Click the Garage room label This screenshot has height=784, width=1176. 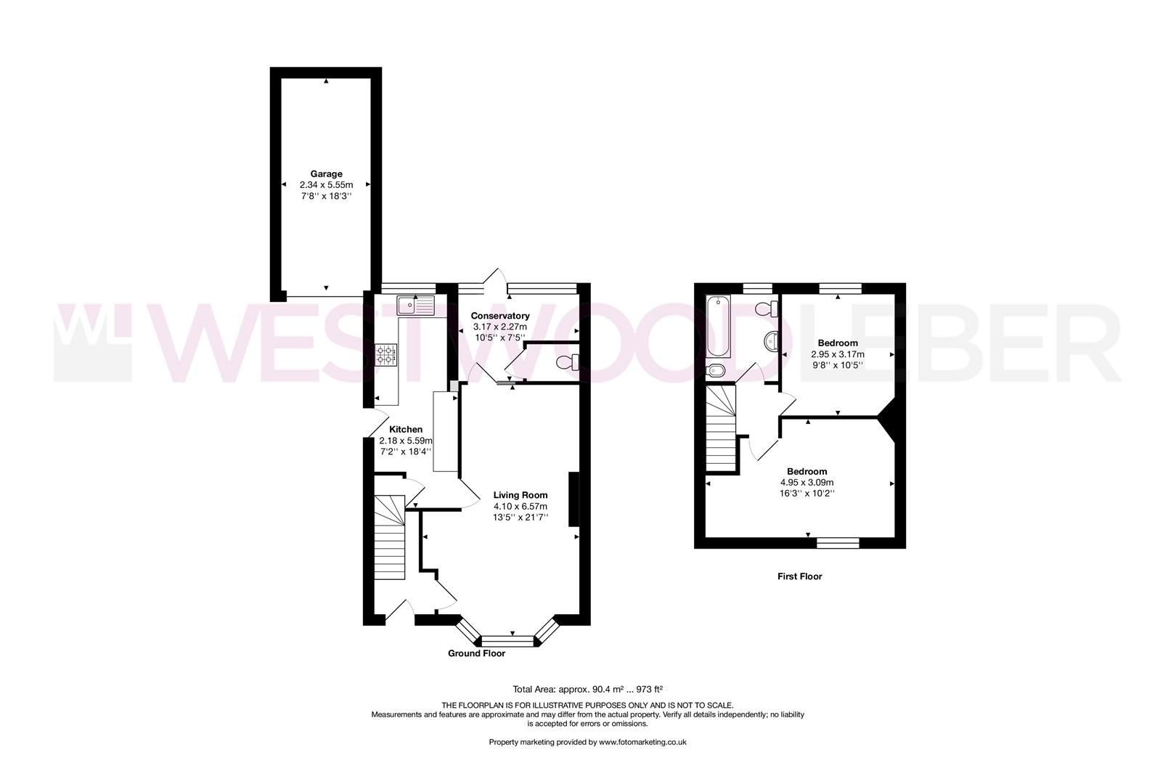tap(326, 173)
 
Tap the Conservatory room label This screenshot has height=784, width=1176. tap(499, 316)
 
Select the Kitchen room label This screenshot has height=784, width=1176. tap(406, 430)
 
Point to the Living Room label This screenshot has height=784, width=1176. tap(520, 494)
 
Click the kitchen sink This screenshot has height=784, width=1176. tap(416, 305)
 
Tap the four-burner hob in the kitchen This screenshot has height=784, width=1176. tap(386, 354)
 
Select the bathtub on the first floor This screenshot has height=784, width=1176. tap(718, 326)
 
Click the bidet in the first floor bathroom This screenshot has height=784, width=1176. tap(716, 371)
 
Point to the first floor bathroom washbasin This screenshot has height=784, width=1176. tap(771, 341)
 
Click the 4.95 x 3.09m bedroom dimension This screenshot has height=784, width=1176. tap(807, 482)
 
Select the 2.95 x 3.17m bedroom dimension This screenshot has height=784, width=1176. tap(838, 354)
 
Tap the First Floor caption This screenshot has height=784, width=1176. tap(799, 576)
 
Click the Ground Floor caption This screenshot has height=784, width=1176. tap(476, 653)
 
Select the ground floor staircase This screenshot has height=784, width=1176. tap(390, 537)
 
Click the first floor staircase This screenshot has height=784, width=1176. tap(721, 428)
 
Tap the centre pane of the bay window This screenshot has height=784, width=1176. tap(507, 641)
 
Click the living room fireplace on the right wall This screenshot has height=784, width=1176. tap(573, 499)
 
